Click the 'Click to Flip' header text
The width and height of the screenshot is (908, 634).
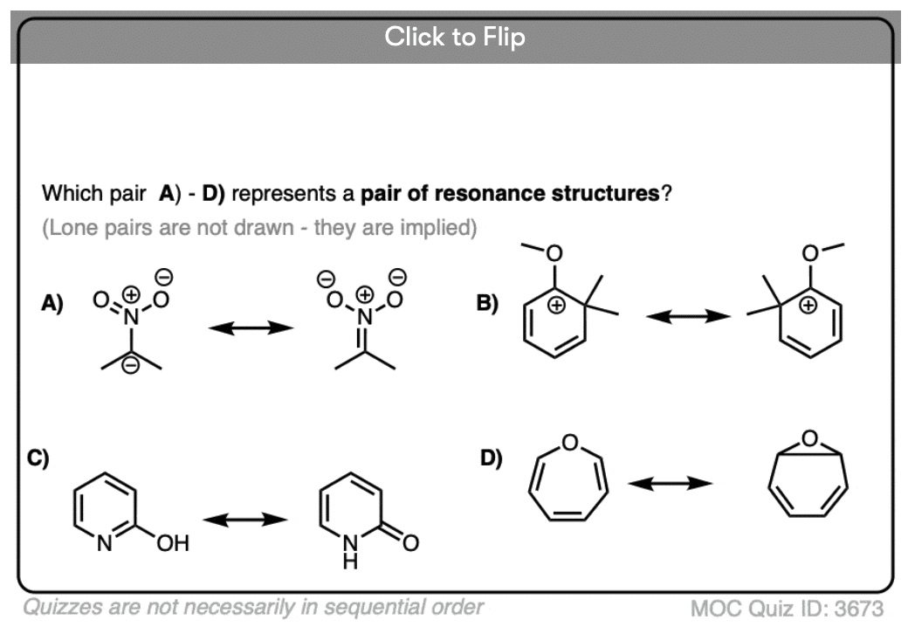454,38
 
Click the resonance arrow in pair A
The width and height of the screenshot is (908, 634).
250,327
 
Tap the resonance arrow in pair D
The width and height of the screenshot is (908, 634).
671,483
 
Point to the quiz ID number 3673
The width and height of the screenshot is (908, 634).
860,608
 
